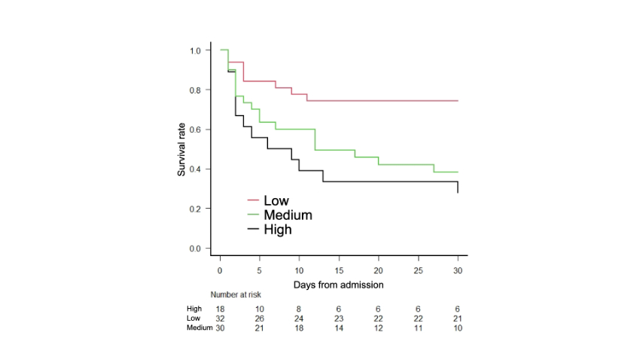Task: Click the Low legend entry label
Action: click(276, 201)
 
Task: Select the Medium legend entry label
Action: click(288, 215)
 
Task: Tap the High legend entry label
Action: click(277, 230)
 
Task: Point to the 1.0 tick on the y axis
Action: click(196, 50)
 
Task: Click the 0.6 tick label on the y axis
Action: click(196, 130)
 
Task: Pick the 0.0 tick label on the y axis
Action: click(196, 248)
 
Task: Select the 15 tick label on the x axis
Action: click(339, 270)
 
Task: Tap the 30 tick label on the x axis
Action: click(457, 270)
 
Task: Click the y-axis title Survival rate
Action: click(181, 149)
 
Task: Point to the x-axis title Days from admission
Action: click(339, 285)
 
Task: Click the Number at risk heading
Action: click(236, 294)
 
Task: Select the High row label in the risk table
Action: click(194, 309)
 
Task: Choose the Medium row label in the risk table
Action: click(200, 328)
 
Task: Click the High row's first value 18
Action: click(220, 309)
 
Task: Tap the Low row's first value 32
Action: click(220, 319)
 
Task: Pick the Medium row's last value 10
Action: click(457, 328)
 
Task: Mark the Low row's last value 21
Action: click(457, 319)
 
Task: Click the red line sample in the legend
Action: click(253, 201)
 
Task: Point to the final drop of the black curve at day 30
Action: click(458, 188)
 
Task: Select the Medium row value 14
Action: click(339, 328)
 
